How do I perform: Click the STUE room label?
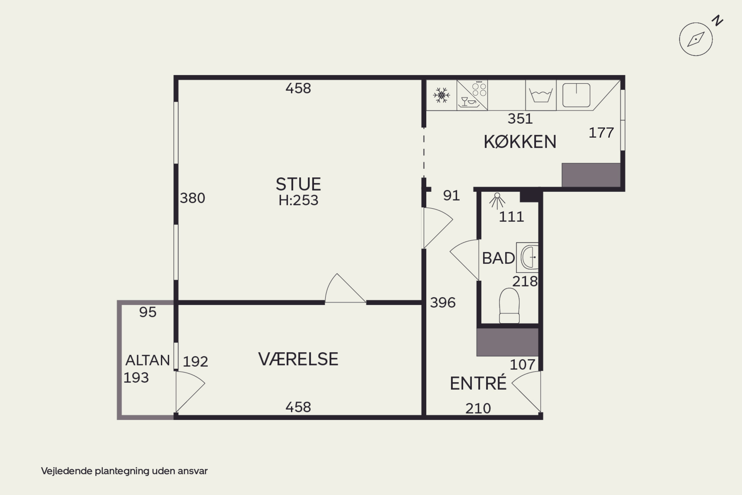click(299, 184)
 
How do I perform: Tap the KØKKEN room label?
click(520, 142)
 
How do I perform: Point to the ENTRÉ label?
click(478, 383)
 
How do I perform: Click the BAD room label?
click(498, 258)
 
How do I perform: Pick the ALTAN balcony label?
click(148, 360)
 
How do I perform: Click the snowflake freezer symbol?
click(441, 95)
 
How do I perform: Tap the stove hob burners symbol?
click(479, 89)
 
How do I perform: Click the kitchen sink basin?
click(576, 95)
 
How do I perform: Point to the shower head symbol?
click(497, 201)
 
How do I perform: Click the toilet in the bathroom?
click(509, 306)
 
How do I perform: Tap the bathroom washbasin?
click(528, 257)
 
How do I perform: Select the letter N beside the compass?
click(718, 21)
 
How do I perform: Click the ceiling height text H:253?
click(299, 200)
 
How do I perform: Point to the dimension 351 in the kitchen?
click(520, 119)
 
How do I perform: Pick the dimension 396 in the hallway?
click(443, 303)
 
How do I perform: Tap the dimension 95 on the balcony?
click(148, 312)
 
